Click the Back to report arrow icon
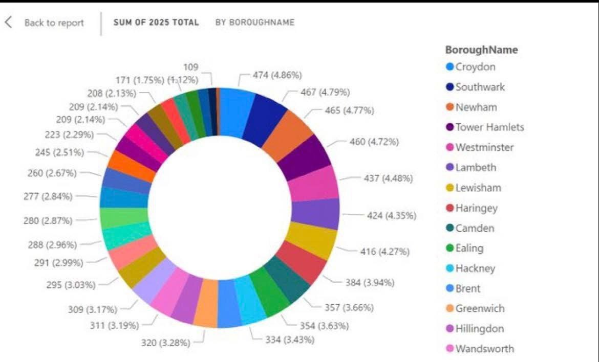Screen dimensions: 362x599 point(9,22)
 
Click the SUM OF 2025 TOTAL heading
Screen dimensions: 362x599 point(156,22)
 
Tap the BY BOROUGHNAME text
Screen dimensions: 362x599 point(254,22)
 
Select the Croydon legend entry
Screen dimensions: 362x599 point(475,67)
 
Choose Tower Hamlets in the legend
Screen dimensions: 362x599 point(489,127)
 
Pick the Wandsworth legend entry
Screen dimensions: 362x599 point(484,349)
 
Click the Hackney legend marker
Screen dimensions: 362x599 point(450,268)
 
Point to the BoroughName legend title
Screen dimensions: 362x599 point(481,50)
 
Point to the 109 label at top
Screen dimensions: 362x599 point(190,67)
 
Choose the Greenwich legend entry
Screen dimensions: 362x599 point(480,308)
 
